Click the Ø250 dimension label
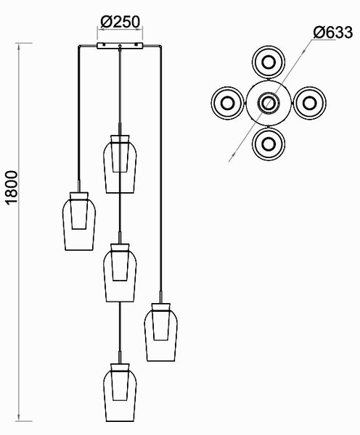click(x=120, y=22)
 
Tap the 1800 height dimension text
click(x=12, y=188)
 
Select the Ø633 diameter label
click(x=333, y=33)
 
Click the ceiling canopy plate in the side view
click(x=120, y=46)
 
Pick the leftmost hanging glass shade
click(x=79, y=221)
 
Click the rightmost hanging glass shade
click(x=161, y=332)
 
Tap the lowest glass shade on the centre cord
click(x=120, y=392)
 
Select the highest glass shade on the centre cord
click(x=120, y=164)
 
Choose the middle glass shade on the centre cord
click(x=120, y=273)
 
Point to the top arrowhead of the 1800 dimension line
click(x=19, y=46)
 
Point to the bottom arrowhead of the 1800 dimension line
click(x=19, y=418)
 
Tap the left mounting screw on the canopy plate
click(x=103, y=43)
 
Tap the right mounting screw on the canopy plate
click(x=136, y=43)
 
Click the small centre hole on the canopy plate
click(x=120, y=46)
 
